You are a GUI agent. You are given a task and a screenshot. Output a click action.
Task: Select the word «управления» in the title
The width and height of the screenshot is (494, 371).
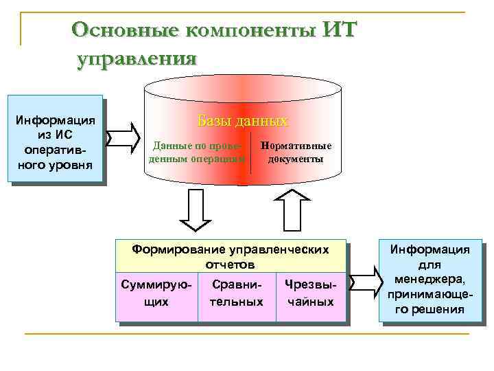(137, 57)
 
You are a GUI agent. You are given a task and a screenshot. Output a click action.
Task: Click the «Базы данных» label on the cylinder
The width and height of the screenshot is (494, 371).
(243, 121)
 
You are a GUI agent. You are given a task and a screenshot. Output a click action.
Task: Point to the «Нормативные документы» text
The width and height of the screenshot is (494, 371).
(296, 152)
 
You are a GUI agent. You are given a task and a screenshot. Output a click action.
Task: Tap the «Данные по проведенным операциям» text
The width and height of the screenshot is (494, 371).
(198, 152)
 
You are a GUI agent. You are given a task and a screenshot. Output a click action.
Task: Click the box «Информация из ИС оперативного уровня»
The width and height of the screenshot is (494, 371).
(55, 137)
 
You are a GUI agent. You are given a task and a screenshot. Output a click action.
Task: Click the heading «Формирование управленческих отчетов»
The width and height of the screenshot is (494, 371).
(231, 256)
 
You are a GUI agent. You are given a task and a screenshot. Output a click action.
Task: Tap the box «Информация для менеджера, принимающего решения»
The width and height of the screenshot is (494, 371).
(431, 280)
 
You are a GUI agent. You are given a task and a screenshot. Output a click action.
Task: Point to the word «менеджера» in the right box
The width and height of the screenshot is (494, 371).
(431, 279)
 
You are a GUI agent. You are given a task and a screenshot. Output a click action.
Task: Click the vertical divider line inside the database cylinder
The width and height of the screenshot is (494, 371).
(251, 153)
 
